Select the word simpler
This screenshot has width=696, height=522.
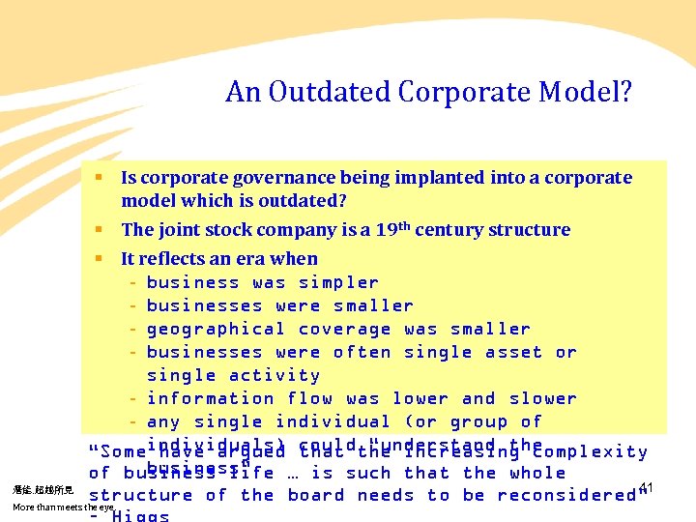(338, 282)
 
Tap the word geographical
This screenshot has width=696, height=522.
(216, 329)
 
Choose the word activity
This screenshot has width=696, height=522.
(274, 375)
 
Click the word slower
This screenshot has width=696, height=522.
(543, 398)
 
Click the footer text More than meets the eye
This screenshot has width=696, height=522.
(64, 507)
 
